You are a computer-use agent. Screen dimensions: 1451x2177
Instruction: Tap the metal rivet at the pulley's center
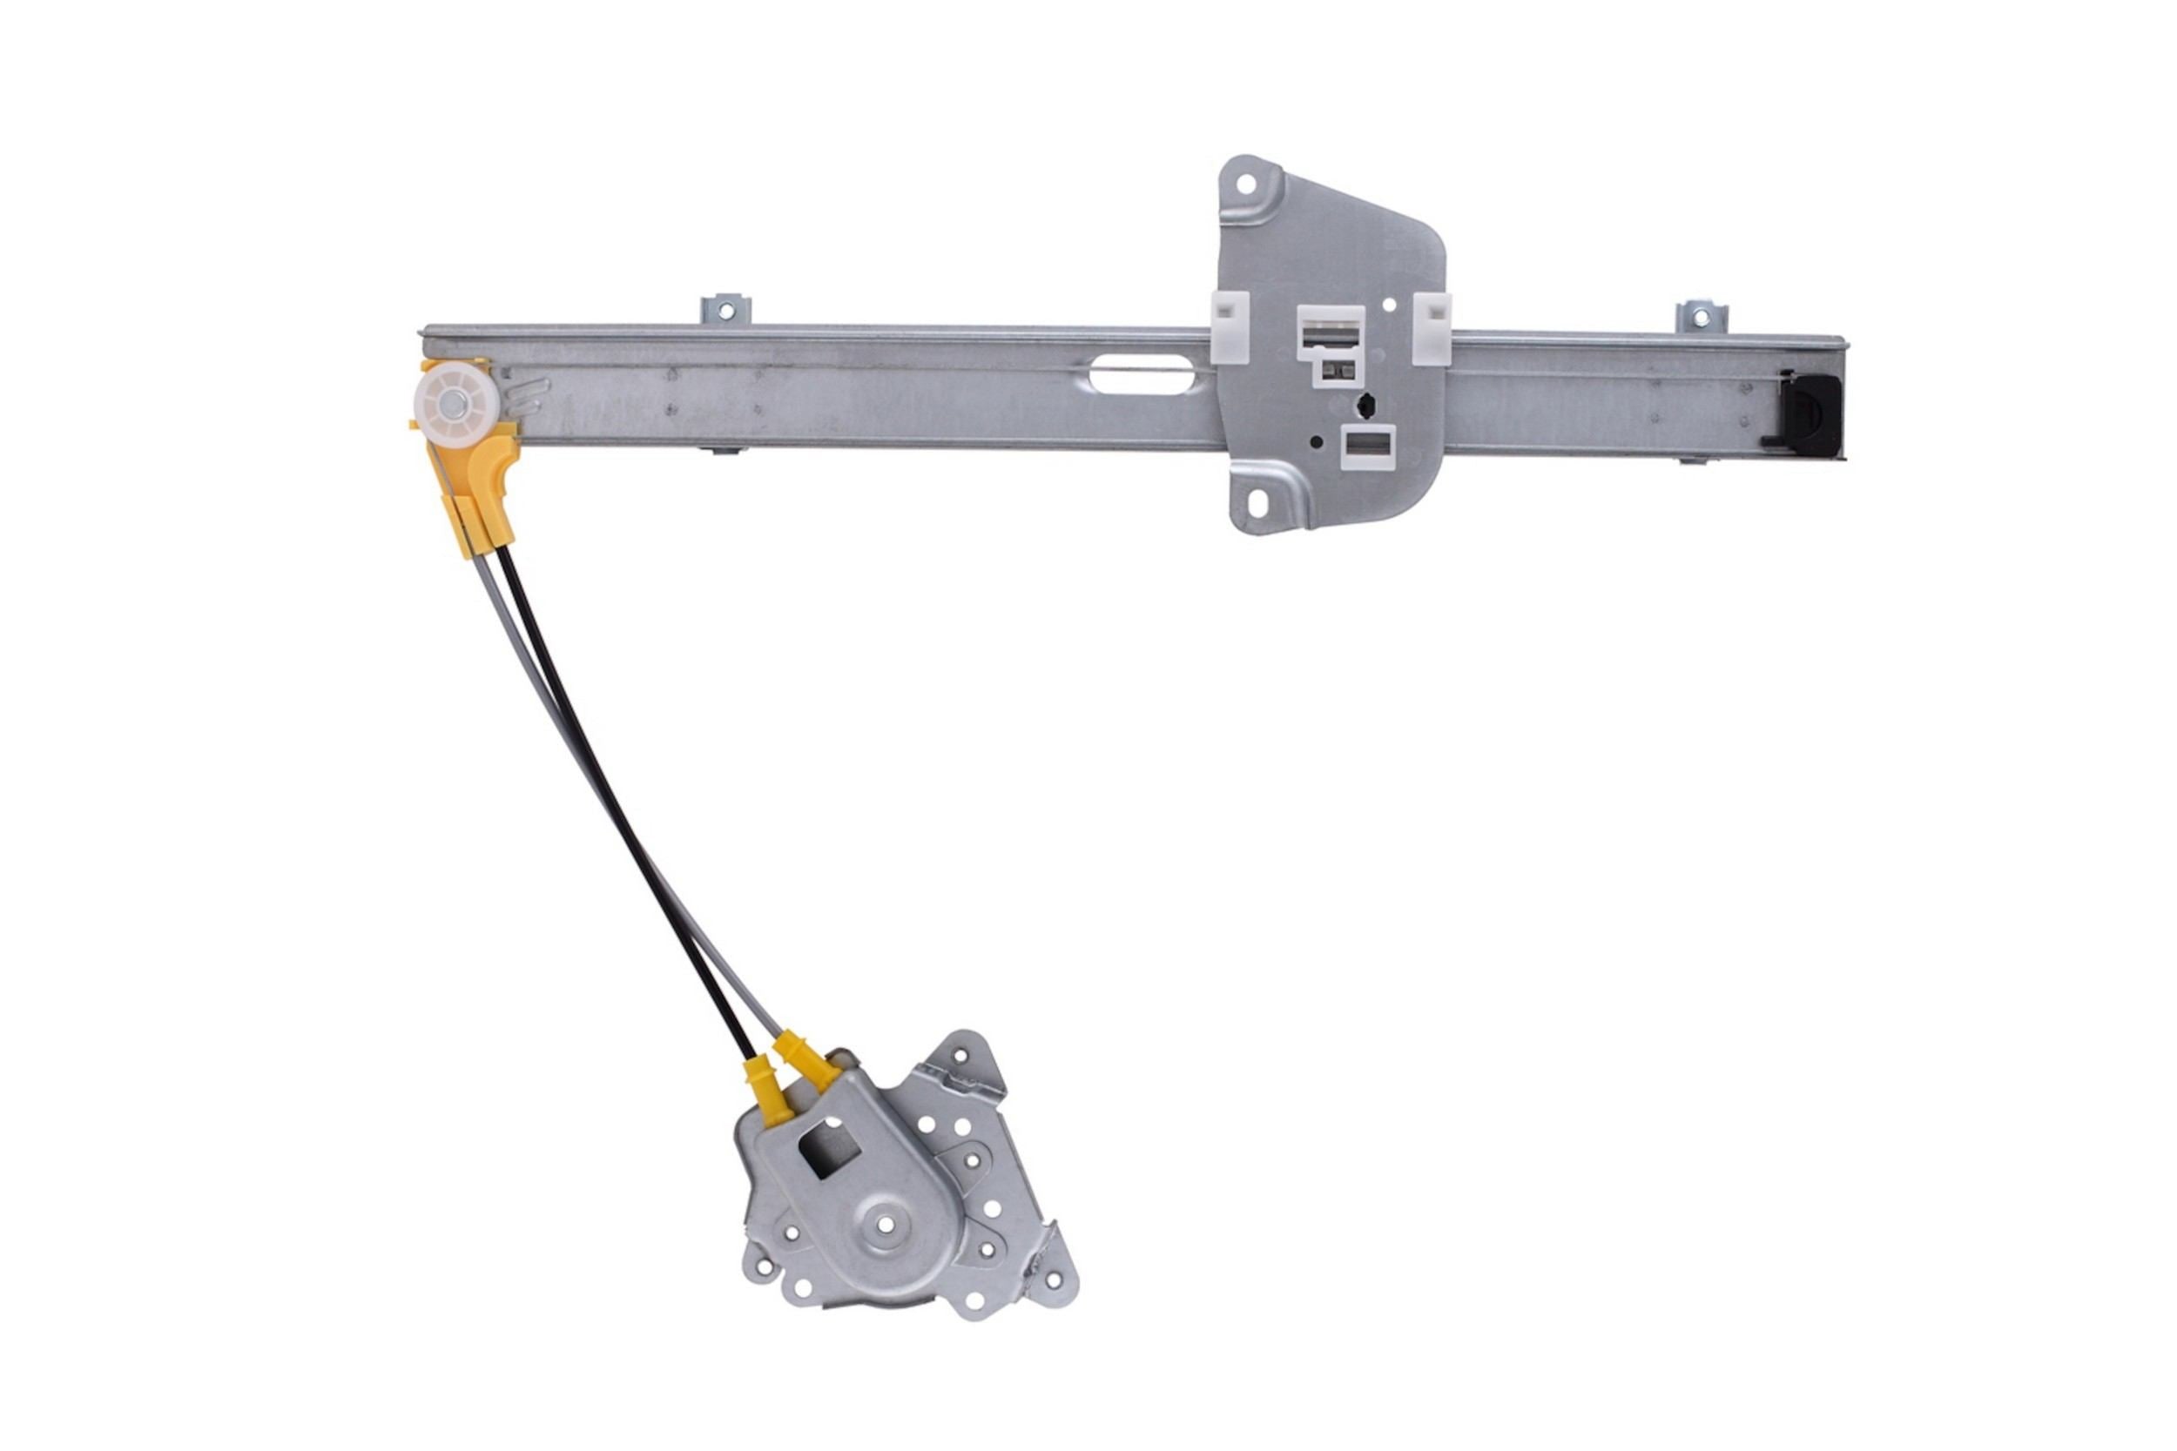pyautogui.click(x=456, y=400)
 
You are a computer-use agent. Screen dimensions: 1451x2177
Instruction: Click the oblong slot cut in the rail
pyautogui.click(x=1141, y=378)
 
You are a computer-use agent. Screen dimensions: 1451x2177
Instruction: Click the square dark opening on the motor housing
pyautogui.click(x=829, y=1145)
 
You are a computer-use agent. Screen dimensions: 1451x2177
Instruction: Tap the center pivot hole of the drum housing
pyautogui.click(x=886, y=1225)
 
